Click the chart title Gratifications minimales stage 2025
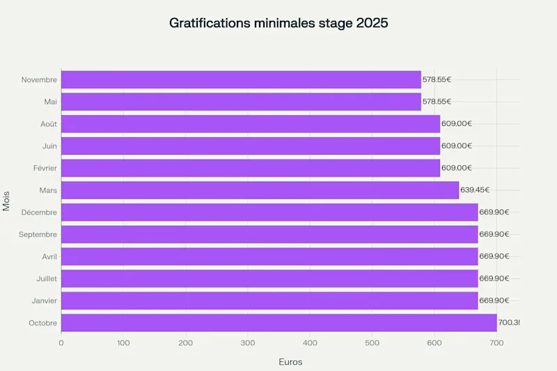pyautogui.click(x=278, y=23)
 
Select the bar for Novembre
pyautogui.click(x=241, y=79)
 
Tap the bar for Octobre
pyautogui.click(x=278, y=323)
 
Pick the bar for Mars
pyautogui.click(x=260, y=190)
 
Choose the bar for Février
pyautogui.click(x=251, y=168)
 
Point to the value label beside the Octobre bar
pyautogui.click(x=509, y=323)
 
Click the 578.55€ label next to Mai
pyautogui.click(x=437, y=102)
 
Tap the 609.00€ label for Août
pyautogui.click(x=457, y=124)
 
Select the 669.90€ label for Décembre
pyautogui.click(x=494, y=212)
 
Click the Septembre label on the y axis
pyautogui.click(x=38, y=235)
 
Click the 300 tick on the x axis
pyautogui.click(x=248, y=342)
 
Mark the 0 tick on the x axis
pyautogui.click(x=61, y=342)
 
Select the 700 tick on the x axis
pyautogui.click(x=496, y=342)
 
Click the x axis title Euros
pyautogui.click(x=290, y=362)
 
